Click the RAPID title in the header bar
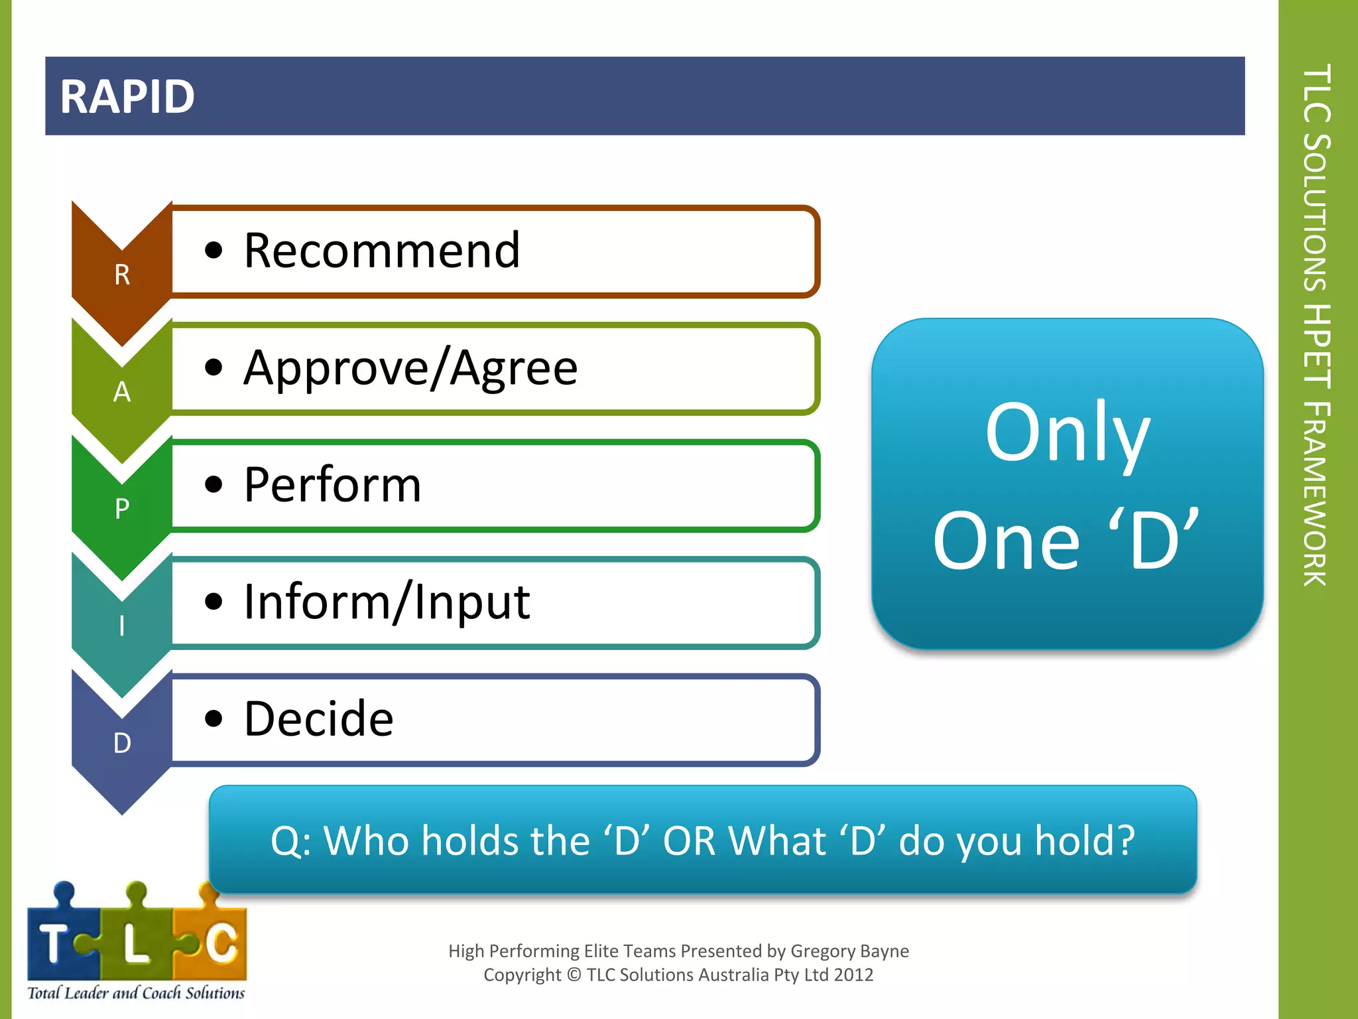coord(127,97)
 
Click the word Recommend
coord(382,251)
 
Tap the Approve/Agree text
coord(410,368)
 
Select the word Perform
coord(332,485)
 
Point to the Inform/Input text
coord(387,602)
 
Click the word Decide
coord(318,719)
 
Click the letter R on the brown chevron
coord(122,275)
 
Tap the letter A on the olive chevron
coord(122,392)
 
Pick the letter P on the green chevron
coord(122,509)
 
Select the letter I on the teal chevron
coord(122,626)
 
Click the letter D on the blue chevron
coord(122,743)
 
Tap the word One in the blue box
coord(1006,541)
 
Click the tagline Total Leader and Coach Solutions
coord(136,993)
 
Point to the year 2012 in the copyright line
coord(853,975)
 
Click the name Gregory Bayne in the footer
coord(849,951)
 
